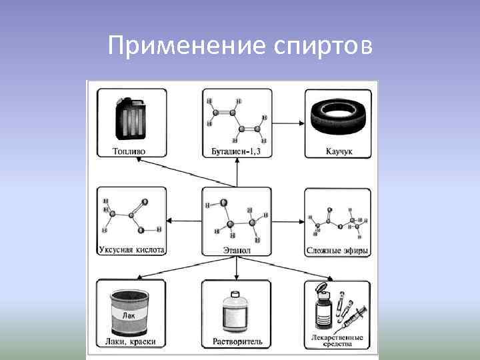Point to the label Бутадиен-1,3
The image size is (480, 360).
(237, 151)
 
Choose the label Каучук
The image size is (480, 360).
(339, 151)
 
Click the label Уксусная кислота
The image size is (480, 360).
(131, 251)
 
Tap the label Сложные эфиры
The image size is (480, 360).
(338, 251)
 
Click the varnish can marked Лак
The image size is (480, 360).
(130, 311)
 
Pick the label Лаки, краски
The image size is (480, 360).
(131, 341)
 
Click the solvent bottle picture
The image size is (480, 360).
(235, 311)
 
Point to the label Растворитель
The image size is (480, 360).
(237, 341)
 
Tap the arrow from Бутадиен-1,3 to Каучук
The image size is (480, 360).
(288, 122)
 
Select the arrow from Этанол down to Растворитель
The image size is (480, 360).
(237, 269)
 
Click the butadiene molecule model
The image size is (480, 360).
(237, 120)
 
